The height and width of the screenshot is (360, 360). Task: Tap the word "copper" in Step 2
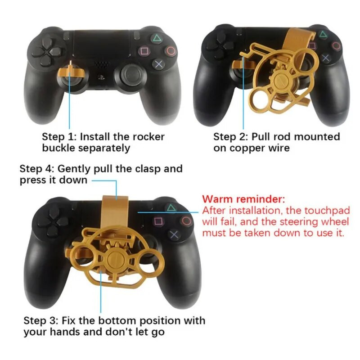250,148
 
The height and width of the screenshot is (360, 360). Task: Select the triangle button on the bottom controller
170,208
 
